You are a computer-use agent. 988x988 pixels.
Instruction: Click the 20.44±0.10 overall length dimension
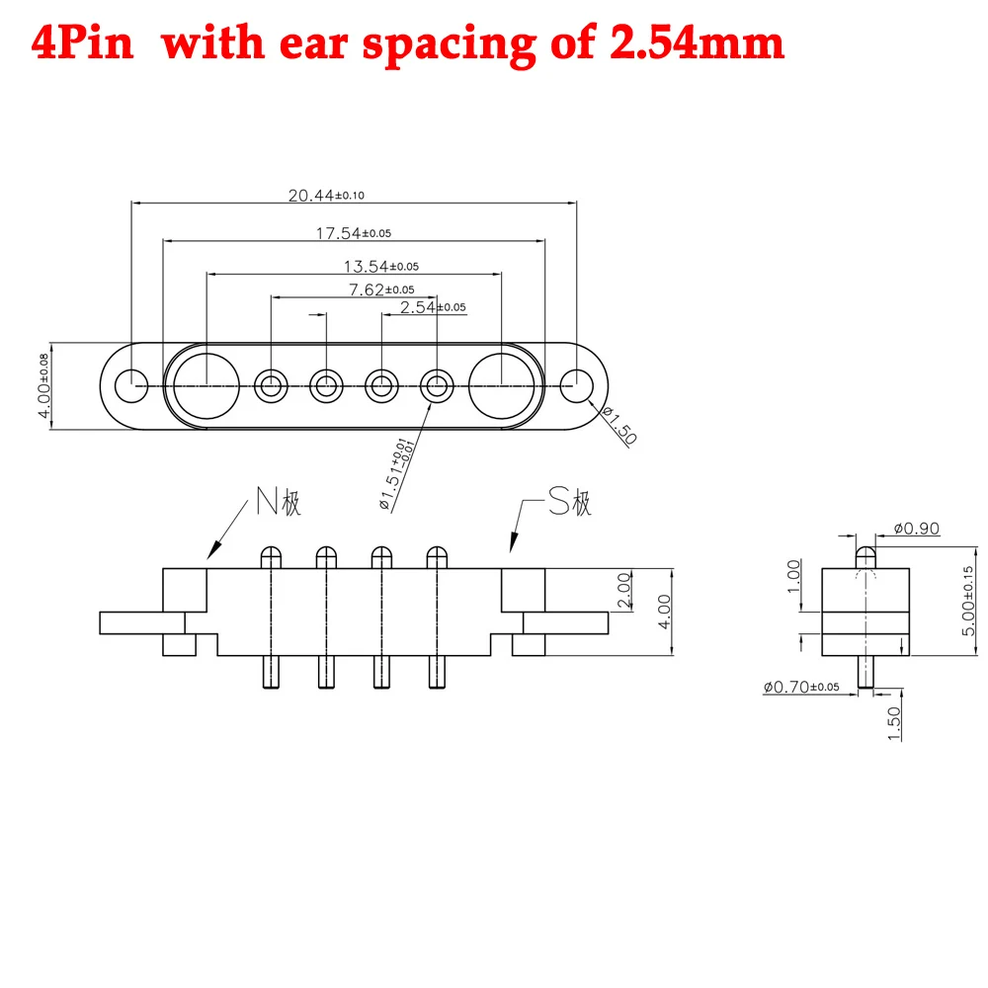[326, 196]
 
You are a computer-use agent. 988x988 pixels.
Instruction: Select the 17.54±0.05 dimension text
[354, 233]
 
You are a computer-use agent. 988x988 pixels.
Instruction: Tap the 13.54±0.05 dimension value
[381, 267]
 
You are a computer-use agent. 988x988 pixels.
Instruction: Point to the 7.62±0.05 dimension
[381, 289]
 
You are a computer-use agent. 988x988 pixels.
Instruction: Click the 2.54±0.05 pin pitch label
[433, 307]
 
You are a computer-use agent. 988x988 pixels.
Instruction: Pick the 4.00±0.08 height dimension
[43, 385]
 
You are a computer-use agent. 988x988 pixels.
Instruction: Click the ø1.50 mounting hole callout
[619, 425]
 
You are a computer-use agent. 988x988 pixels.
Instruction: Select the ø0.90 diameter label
[917, 528]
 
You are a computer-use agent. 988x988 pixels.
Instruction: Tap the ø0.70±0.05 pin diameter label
[801, 687]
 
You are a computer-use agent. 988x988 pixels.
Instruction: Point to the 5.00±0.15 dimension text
[968, 601]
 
